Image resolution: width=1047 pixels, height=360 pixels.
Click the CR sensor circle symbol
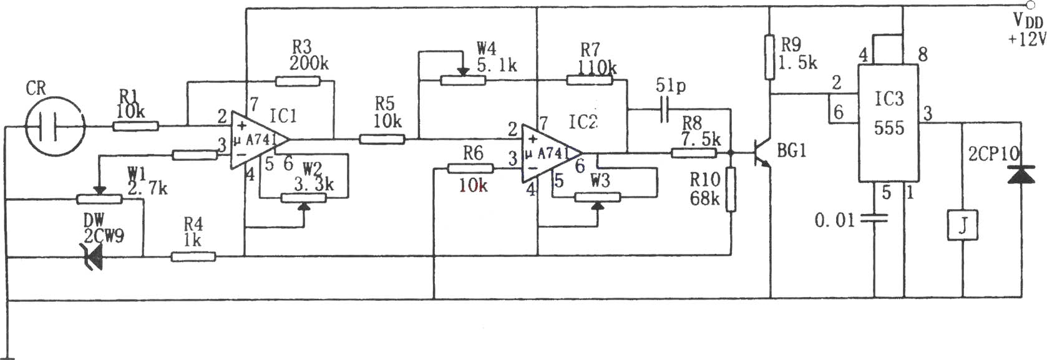[x=55, y=126]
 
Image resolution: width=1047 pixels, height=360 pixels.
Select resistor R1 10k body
[x=135, y=126]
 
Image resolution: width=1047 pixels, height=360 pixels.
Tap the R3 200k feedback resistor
[x=298, y=81]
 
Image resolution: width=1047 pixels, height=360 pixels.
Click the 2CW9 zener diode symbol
[x=94, y=256]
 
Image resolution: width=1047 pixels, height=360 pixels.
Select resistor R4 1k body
[x=193, y=256]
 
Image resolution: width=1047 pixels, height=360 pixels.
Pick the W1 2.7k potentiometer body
[x=99, y=200]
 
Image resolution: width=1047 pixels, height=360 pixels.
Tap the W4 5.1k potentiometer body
[x=463, y=80]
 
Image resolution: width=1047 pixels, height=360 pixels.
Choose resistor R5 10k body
[x=382, y=139]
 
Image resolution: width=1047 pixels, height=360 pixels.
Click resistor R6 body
[x=470, y=168]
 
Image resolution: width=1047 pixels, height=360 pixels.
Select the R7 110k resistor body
[x=590, y=80]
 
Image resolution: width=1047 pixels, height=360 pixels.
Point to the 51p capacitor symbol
[x=665, y=109]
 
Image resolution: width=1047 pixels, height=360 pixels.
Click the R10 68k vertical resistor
[x=731, y=189]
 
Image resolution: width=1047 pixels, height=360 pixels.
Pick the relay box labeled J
[x=963, y=225]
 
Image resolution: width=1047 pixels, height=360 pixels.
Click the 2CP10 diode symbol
[x=1021, y=174]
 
